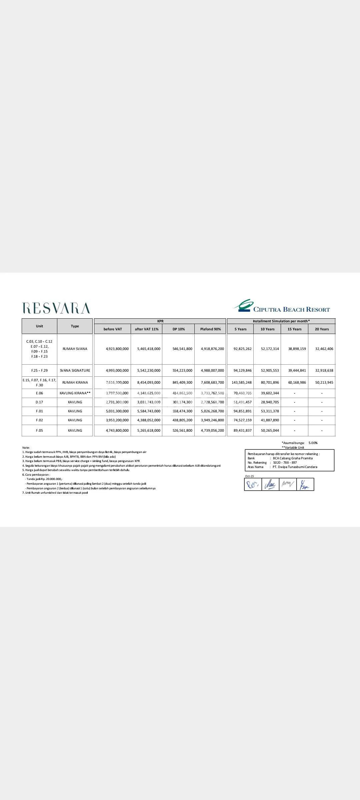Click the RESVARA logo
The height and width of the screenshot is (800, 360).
(56, 308)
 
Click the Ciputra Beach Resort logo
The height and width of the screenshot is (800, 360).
(282, 306)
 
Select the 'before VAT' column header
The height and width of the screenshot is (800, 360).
(113, 329)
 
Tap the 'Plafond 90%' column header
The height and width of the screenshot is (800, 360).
(210, 329)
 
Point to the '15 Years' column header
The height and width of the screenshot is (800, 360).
(294, 329)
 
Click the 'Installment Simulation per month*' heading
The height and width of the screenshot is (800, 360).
(281, 321)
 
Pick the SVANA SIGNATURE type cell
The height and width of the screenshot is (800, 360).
(75, 370)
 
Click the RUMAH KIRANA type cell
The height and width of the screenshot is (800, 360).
(75, 382)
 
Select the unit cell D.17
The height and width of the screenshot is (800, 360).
(39, 402)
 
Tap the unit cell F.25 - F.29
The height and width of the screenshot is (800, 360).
(39, 370)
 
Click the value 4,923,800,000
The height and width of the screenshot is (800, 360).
(117, 349)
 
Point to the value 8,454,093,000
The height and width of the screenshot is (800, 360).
(149, 382)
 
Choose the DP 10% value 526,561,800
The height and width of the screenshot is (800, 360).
(182, 430)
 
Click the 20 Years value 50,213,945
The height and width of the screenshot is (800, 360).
(324, 382)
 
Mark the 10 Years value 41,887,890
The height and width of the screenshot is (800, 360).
(270, 420)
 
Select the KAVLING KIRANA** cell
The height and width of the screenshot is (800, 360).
(75, 393)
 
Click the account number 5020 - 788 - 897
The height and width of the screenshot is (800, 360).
(285, 462)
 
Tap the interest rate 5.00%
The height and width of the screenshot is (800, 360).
(313, 443)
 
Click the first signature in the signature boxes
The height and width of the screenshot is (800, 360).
(253, 485)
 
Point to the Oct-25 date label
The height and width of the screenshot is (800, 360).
(249, 476)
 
